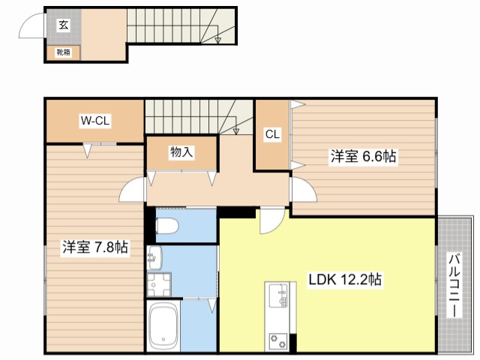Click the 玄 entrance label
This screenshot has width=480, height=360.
[62, 25]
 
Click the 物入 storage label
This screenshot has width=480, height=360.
[181, 152]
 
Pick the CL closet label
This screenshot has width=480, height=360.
[272, 135]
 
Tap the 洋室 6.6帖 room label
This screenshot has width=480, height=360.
[364, 157]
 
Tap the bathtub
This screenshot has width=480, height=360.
[163, 326]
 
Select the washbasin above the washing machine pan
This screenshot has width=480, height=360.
[155, 258]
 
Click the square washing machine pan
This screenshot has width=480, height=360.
[160, 284]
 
